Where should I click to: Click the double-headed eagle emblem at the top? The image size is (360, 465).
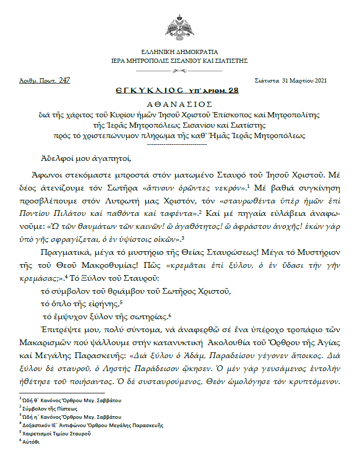180,28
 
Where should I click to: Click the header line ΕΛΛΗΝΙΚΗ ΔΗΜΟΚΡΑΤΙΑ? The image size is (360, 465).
180,52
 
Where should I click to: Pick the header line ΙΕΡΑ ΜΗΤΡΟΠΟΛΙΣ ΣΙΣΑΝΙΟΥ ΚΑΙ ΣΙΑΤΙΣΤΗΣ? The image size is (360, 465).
180,61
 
